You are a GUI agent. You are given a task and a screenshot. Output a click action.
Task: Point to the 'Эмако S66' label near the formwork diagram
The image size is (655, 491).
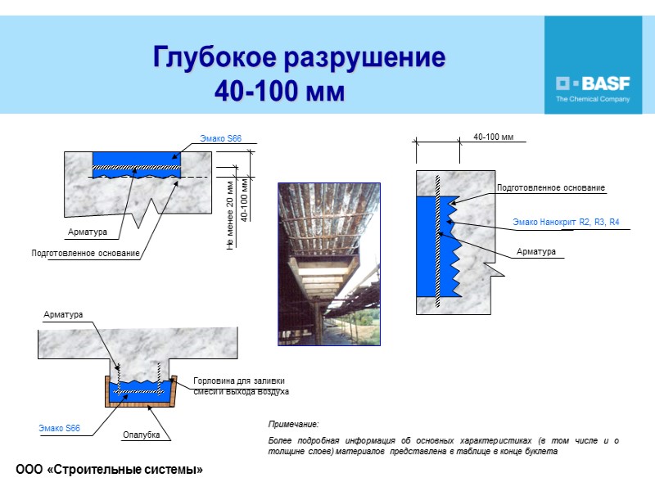[x=60, y=428]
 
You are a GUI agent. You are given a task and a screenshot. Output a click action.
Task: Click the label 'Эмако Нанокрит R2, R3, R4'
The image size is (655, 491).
[x=566, y=222]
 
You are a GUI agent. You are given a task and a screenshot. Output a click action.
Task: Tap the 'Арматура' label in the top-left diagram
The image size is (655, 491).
[x=88, y=232]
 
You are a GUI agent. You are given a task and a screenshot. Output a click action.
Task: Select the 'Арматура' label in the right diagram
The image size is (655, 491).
[x=535, y=251]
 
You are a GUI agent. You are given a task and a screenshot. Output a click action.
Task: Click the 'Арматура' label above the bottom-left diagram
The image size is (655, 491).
[x=63, y=314]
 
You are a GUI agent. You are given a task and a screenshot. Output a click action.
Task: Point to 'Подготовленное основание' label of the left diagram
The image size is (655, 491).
[x=85, y=255]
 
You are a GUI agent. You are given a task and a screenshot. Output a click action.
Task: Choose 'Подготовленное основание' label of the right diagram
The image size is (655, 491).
[x=551, y=188]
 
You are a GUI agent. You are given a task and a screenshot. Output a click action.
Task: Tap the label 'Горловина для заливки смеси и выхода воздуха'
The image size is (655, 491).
[x=241, y=386]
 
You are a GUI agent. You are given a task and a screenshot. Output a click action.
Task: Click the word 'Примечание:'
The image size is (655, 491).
[x=293, y=423]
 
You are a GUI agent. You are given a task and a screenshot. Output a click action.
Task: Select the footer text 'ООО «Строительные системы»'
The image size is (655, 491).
[x=109, y=469]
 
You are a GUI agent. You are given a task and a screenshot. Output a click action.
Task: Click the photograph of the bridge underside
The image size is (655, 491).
[x=328, y=264]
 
